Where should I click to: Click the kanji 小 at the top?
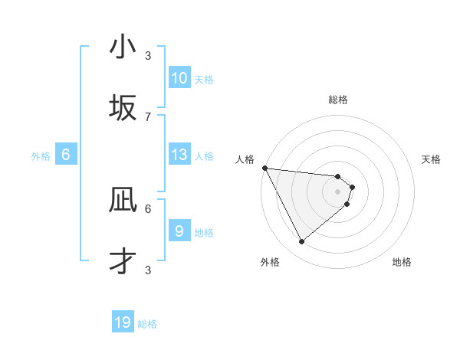[x=123, y=47]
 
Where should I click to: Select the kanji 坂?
[x=123, y=108]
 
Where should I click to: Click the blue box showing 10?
[x=179, y=78]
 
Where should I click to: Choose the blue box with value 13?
[x=179, y=155]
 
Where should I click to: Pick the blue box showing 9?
[x=179, y=231]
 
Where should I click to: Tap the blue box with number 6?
[x=66, y=155]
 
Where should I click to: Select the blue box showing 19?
[x=123, y=322]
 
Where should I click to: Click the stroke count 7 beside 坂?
[x=148, y=116]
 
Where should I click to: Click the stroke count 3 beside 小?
[x=148, y=55]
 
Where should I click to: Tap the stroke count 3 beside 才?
[x=148, y=270]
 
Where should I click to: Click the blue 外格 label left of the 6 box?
[x=41, y=156]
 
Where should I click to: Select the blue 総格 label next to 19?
[x=147, y=324]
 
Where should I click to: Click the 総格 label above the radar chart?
[x=338, y=100]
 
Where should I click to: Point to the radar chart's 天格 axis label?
[x=432, y=159]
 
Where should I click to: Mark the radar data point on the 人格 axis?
[x=264, y=168]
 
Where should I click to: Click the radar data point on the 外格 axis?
[x=302, y=241]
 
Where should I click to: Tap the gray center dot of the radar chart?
[x=338, y=191]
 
